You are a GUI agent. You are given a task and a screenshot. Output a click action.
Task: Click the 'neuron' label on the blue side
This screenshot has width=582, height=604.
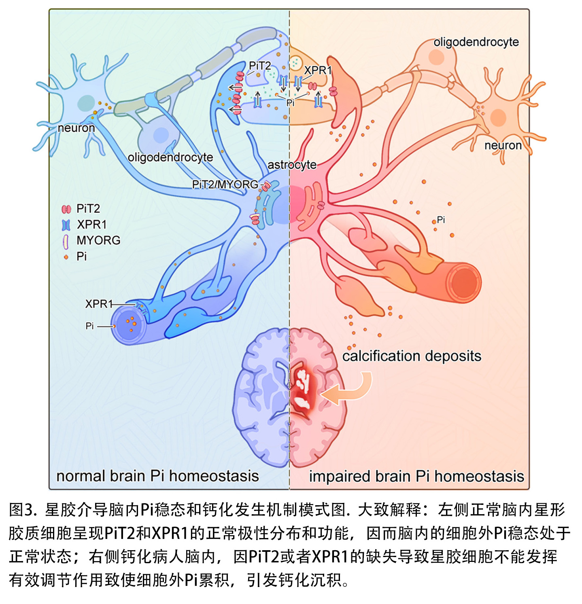click(x=76, y=128)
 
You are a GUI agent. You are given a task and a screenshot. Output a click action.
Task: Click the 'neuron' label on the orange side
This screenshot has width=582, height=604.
click(x=503, y=146)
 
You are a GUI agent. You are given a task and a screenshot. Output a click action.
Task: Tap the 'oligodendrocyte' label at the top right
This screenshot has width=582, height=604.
click(x=476, y=42)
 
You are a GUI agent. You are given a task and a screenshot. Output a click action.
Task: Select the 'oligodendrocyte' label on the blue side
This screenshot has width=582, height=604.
click(x=170, y=157)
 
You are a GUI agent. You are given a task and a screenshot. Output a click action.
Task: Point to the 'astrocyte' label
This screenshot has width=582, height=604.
click(x=292, y=165)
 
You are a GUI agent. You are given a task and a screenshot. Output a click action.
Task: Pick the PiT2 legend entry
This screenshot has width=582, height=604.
click(x=88, y=209)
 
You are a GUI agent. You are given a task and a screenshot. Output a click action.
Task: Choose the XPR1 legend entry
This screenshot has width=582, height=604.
click(x=91, y=225)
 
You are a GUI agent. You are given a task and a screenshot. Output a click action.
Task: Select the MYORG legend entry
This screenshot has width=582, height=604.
click(x=98, y=240)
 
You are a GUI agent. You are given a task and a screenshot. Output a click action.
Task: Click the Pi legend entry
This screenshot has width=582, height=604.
click(x=81, y=256)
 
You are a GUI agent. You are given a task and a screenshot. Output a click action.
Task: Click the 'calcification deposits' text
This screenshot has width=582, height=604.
click(x=412, y=356)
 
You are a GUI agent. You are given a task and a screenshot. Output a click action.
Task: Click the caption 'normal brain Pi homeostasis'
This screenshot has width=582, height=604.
click(x=157, y=476)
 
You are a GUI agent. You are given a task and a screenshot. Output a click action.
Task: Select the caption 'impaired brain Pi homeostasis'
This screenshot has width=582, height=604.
click(x=416, y=477)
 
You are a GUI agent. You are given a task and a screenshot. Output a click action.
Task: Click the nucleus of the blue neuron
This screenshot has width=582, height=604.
click(x=86, y=103)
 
